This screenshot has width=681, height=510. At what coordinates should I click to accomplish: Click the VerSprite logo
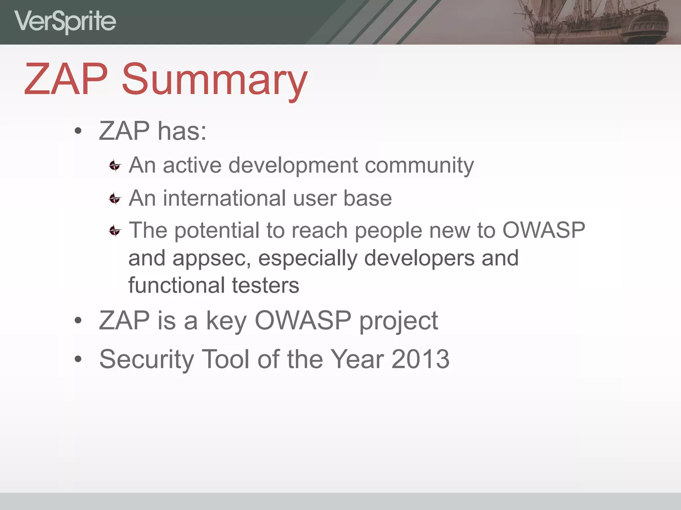[65, 21]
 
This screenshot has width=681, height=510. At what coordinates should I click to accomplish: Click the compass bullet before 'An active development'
[115, 165]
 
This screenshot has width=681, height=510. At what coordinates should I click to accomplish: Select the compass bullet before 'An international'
[115, 199]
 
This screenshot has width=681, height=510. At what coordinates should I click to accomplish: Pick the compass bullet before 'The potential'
[115, 230]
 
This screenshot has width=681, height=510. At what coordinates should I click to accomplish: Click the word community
[419, 165]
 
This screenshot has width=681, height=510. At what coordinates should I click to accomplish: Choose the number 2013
[420, 359]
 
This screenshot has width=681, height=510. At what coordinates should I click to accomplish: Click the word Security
[146, 360]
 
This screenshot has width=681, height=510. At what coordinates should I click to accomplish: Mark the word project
[398, 321]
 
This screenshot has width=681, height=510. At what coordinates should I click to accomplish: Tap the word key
[226, 321]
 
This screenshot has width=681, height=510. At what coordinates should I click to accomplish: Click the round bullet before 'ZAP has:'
[78, 131]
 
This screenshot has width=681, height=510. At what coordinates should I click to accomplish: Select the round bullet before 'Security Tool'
[78, 359]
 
